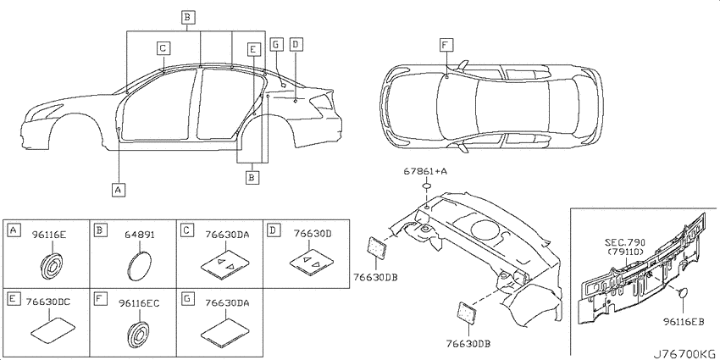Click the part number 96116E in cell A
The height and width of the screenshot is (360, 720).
tap(49, 235)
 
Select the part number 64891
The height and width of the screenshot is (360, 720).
tap(140, 235)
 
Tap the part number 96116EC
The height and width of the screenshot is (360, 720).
tap(139, 302)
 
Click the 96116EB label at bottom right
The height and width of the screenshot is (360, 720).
tap(684, 323)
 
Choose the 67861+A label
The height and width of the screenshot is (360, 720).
tap(426, 171)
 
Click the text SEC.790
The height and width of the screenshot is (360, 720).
tap(625, 242)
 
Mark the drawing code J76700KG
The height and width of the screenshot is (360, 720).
tap(684, 354)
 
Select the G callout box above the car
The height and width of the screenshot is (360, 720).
tap(275, 44)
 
